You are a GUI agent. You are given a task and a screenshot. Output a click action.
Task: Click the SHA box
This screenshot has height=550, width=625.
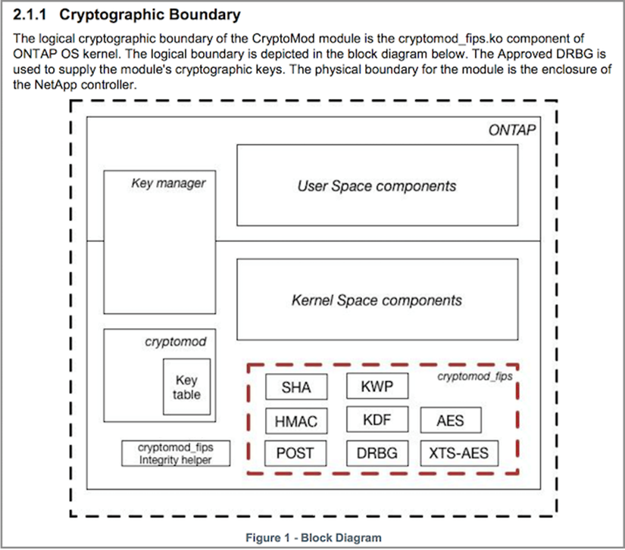295,388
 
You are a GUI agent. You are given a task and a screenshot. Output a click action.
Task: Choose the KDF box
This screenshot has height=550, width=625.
377,419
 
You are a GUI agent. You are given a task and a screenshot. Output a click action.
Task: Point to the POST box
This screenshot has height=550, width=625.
295,453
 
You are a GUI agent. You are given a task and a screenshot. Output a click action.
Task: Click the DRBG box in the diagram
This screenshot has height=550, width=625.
377,453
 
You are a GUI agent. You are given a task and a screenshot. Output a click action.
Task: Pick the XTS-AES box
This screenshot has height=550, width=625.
459,453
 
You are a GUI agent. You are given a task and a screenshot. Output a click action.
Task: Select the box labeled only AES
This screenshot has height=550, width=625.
451,421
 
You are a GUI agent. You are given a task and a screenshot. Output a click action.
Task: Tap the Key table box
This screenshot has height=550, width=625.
186,387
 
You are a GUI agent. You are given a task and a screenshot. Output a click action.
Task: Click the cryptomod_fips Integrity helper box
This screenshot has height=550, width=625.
175,453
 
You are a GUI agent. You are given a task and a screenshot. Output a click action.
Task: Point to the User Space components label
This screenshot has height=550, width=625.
377,185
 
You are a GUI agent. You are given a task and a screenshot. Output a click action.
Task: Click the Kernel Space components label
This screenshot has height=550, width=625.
377,300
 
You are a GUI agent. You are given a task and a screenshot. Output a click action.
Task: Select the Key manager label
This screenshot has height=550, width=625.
168,183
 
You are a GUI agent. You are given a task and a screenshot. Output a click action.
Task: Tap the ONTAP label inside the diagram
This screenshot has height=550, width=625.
512,130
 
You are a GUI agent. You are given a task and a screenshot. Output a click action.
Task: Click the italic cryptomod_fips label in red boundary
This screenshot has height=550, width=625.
475,375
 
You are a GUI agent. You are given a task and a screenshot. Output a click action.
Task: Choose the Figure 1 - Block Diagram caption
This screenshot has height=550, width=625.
314,537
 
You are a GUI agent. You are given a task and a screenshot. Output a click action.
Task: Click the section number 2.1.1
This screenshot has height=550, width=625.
32,14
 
